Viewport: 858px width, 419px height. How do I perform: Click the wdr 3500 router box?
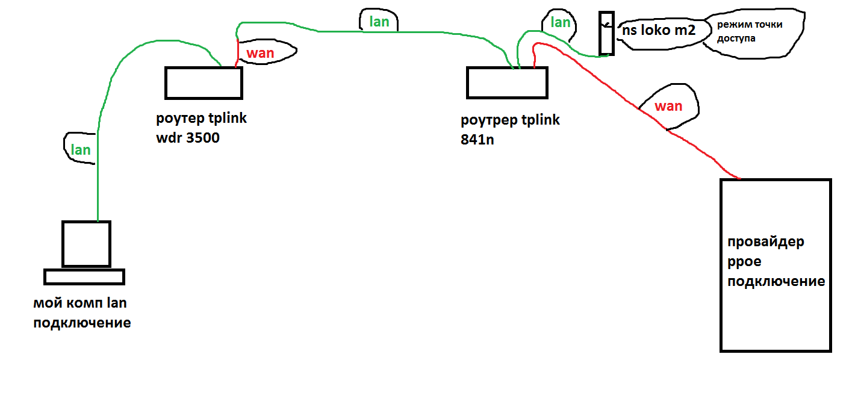tap(204, 83)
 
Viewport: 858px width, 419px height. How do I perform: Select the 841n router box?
tap(506, 83)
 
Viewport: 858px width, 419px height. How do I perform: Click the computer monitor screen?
tap(87, 243)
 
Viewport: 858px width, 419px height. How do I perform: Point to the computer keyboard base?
tap(84, 277)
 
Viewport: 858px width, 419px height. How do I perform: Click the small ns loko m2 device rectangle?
tap(606, 33)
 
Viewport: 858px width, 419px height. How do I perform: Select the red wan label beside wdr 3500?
tap(261, 53)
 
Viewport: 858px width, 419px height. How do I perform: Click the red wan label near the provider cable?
tap(668, 107)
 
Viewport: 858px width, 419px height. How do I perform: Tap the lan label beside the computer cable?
tap(81, 150)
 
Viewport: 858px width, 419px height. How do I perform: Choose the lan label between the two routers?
tap(379, 22)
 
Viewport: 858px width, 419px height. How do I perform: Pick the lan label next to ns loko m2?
tap(561, 23)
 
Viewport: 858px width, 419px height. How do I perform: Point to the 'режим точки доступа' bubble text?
tap(745, 32)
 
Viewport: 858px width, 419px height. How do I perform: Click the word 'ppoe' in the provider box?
tap(745, 262)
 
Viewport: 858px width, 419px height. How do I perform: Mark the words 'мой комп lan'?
tap(80, 303)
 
